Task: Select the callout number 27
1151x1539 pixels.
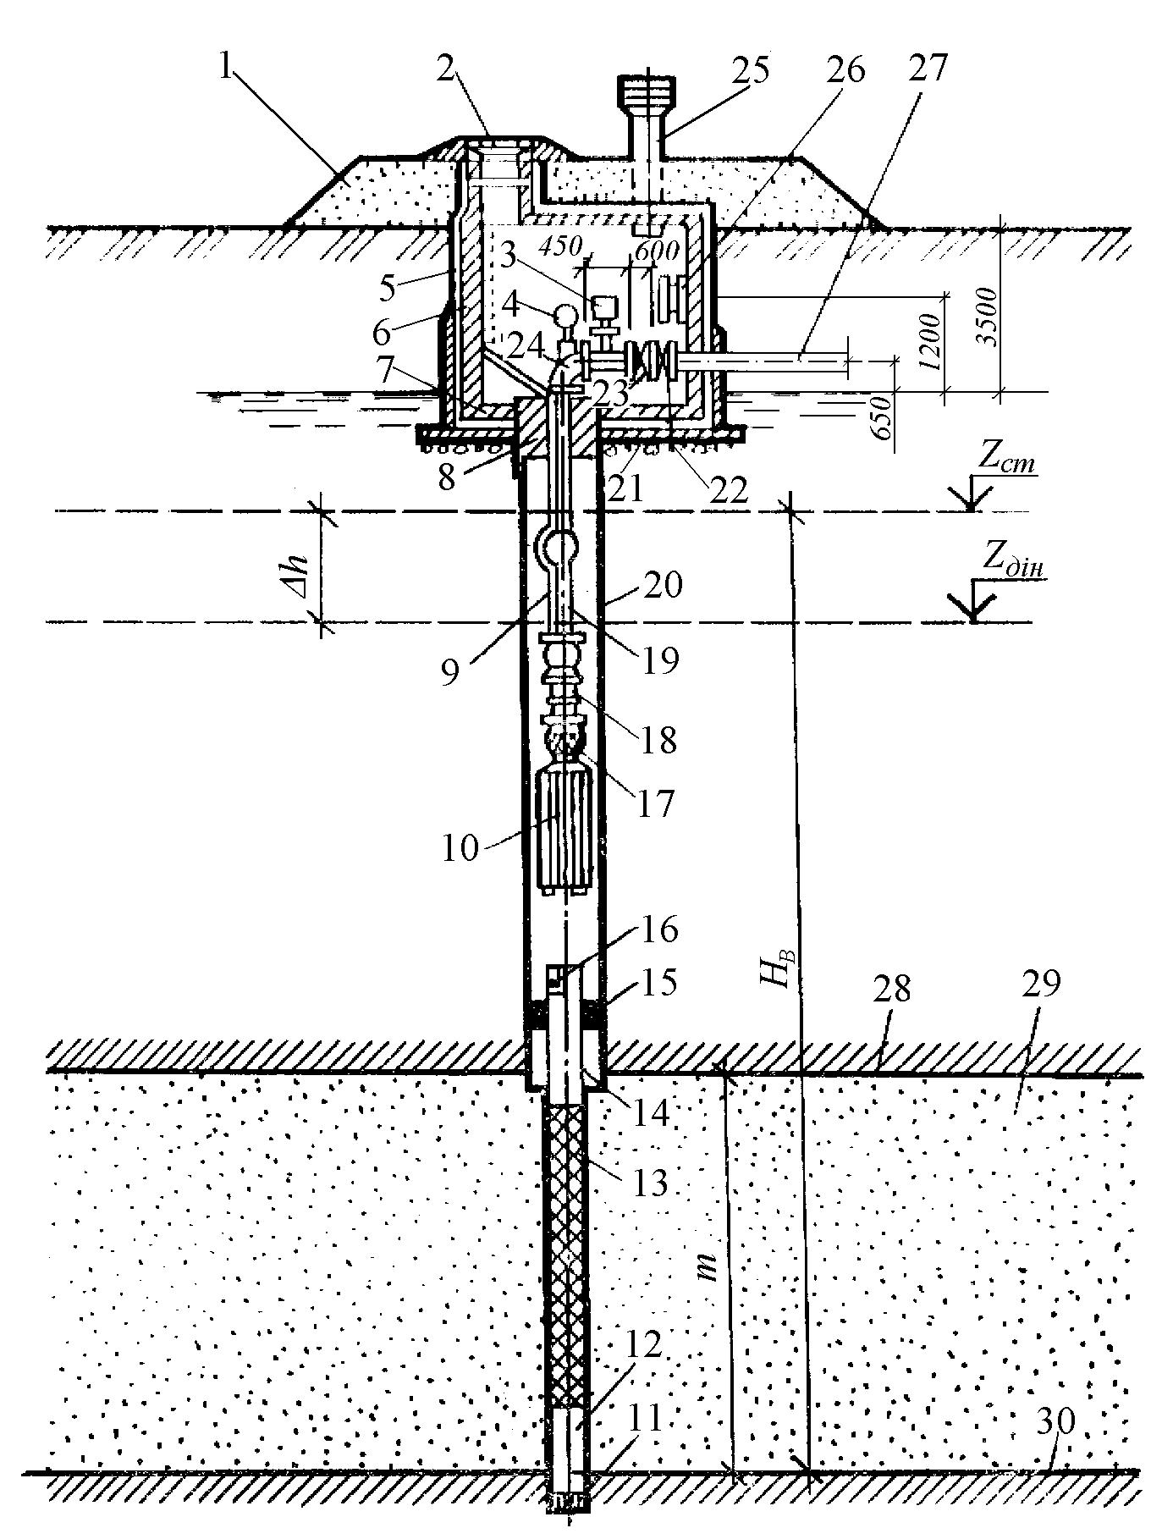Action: (928, 69)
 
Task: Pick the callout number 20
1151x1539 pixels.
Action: (663, 585)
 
